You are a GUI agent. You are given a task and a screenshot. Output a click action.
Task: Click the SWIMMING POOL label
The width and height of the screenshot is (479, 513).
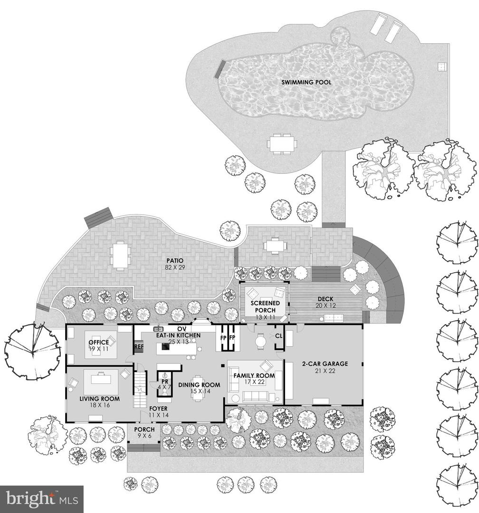(x=306, y=82)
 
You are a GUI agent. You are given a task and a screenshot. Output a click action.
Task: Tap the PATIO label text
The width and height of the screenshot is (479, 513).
(x=175, y=260)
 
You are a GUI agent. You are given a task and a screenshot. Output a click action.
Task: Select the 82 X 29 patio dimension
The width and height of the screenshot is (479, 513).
(x=175, y=267)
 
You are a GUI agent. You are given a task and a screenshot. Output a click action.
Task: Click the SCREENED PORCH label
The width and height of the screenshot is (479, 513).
(x=265, y=306)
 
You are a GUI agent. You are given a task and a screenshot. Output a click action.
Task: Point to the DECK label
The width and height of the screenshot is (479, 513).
(x=326, y=299)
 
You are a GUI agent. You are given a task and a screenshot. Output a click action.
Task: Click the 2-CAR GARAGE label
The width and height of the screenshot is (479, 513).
(x=325, y=363)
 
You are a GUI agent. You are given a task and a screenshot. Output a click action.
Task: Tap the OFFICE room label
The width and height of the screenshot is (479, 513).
(x=98, y=342)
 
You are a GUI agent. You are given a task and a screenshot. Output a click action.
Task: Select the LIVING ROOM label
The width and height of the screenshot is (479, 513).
(x=99, y=399)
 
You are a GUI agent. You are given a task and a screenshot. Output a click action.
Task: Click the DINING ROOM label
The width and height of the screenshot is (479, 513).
(x=199, y=385)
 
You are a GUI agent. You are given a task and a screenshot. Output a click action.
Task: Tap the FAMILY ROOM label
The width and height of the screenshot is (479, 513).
(x=254, y=375)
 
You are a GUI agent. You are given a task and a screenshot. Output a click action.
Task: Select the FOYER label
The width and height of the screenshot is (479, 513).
(x=158, y=408)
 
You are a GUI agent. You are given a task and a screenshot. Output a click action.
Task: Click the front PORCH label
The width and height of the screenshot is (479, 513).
(x=144, y=429)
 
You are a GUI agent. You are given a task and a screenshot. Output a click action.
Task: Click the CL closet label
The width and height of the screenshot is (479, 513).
(x=279, y=336)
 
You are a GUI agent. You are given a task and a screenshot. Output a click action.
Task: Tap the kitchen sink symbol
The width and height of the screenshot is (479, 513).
(x=159, y=328)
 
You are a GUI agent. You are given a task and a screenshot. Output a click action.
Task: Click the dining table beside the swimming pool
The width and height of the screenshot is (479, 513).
(x=282, y=143)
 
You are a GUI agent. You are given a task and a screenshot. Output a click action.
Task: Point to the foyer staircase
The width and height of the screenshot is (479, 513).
(x=140, y=389)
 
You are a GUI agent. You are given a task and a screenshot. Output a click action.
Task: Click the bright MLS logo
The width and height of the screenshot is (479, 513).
(x=42, y=499)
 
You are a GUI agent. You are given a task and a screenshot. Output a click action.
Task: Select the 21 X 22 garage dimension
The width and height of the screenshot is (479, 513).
(x=325, y=370)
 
